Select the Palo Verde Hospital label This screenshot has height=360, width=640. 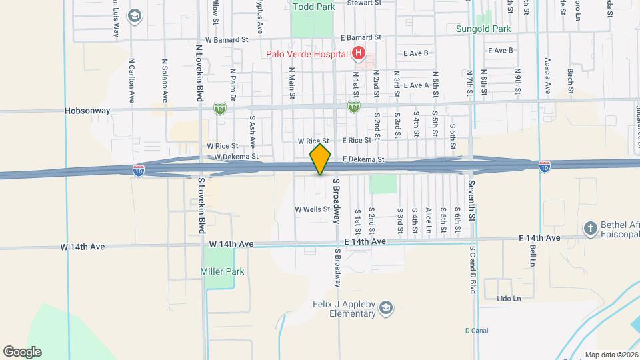coord(307,54)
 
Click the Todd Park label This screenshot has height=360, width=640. coord(311,7)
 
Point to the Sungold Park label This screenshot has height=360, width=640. coord(483,29)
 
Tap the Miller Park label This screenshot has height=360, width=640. coord(222,271)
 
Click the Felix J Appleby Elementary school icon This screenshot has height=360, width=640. coord(385,308)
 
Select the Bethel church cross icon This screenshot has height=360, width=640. coord(590,229)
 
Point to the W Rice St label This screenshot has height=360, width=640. coord(223,145)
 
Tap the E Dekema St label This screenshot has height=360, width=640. coord(364,160)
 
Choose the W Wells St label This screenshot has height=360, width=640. coord(313,209)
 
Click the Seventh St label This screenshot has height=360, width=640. coord(472,201)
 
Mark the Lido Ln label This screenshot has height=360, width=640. coord(509,299)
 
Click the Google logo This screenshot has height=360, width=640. coord(21,351)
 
